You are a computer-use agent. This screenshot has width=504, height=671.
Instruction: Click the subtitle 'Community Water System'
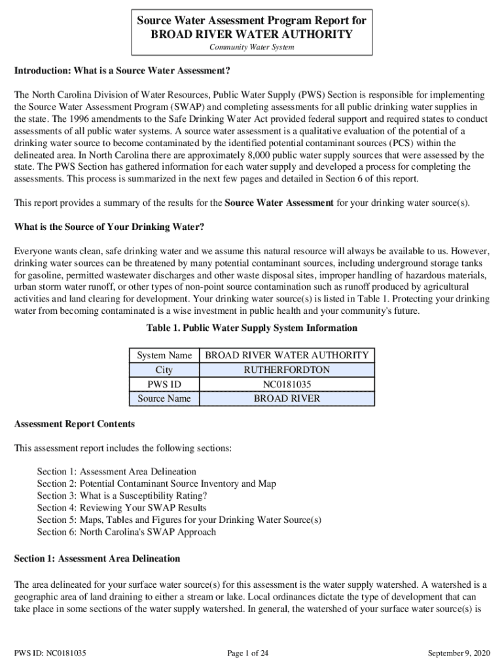(x=251, y=47)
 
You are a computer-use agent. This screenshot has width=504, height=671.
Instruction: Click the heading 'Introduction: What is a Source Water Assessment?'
(x=122, y=70)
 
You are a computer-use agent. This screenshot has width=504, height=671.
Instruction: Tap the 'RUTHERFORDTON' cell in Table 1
(x=287, y=370)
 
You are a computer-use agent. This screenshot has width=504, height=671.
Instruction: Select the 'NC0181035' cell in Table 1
(x=287, y=384)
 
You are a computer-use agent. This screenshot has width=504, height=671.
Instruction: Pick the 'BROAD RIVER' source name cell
(x=287, y=398)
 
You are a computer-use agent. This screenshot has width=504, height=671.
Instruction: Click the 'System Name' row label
(x=164, y=355)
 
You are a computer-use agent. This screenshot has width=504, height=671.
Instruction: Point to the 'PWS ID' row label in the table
(x=164, y=384)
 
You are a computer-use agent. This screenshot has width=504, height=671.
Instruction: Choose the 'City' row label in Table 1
(x=164, y=370)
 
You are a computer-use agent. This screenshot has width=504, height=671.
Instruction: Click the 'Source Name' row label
(x=164, y=398)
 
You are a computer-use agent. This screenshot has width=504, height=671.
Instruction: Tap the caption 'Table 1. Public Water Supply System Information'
(x=252, y=328)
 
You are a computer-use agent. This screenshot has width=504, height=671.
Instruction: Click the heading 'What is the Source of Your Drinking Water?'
(x=109, y=227)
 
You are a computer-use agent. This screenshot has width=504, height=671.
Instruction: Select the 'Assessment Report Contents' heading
(x=75, y=424)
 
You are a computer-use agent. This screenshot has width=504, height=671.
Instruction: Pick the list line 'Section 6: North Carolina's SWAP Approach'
(x=126, y=531)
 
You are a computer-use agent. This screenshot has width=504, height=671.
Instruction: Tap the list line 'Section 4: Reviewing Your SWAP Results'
(x=122, y=508)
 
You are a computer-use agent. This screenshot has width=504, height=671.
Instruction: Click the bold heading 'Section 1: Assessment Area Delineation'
(x=97, y=559)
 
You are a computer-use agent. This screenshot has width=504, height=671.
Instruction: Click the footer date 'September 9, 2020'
(x=458, y=653)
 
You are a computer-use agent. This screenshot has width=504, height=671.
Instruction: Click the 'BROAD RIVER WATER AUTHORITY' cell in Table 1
(x=287, y=355)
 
